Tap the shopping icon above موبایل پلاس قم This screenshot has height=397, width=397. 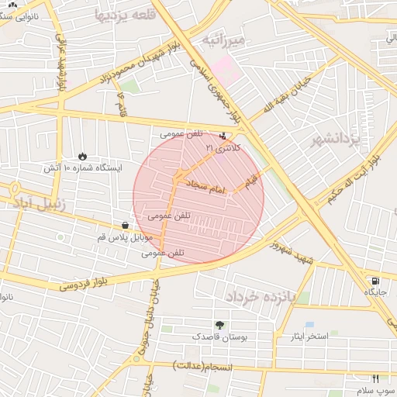(125, 226)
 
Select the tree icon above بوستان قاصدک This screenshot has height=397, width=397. (221, 326)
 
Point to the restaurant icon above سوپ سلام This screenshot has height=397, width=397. (376, 378)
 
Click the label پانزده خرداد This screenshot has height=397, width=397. (261, 296)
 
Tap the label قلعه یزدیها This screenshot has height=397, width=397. (121, 15)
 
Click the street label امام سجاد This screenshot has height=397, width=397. (206, 188)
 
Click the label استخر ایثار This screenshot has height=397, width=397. (307, 336)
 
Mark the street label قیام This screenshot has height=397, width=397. (250, 180)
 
